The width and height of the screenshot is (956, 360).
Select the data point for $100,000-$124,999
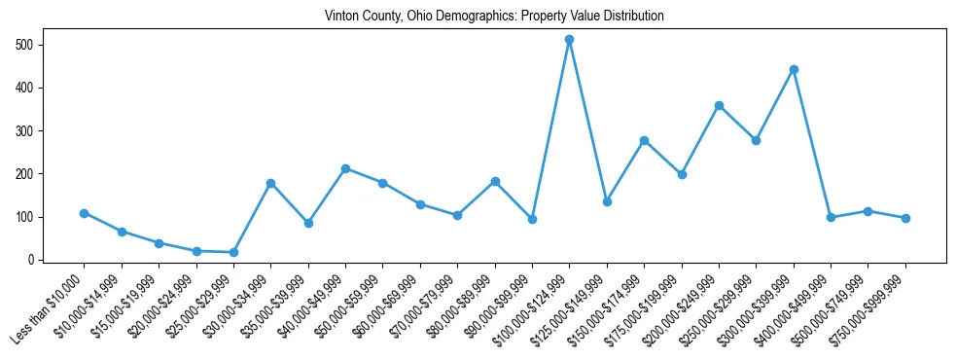570,40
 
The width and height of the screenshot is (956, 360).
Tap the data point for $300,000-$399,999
794,70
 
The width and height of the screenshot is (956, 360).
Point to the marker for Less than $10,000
85,213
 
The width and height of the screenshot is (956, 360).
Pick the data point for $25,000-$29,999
233,252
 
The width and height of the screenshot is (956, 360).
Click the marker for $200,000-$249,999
719,105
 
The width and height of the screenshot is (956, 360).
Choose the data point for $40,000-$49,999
345,168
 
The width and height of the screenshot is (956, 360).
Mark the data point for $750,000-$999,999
905,218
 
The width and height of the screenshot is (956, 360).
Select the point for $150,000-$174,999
644,140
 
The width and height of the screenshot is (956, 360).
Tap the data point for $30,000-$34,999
271,183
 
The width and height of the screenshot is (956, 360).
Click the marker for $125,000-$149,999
607,201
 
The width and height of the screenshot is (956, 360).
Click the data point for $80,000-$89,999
495,181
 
